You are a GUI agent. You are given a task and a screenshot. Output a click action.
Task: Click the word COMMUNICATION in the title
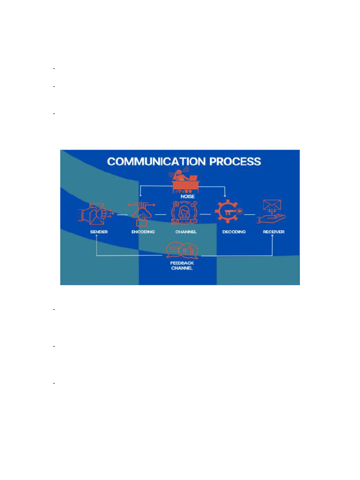coord(157,162)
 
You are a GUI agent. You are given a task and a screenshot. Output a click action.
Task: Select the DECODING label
coord(233,232)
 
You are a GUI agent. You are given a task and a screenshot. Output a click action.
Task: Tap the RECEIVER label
coord(273,232)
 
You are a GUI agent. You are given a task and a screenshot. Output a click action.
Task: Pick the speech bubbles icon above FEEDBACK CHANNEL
coord(183,251)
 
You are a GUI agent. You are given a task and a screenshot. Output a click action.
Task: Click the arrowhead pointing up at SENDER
coord(97,237)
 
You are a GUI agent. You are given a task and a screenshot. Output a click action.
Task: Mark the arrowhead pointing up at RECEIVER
coord(273,237)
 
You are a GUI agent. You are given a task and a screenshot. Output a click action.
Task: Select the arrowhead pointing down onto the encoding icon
coord(140,196)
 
